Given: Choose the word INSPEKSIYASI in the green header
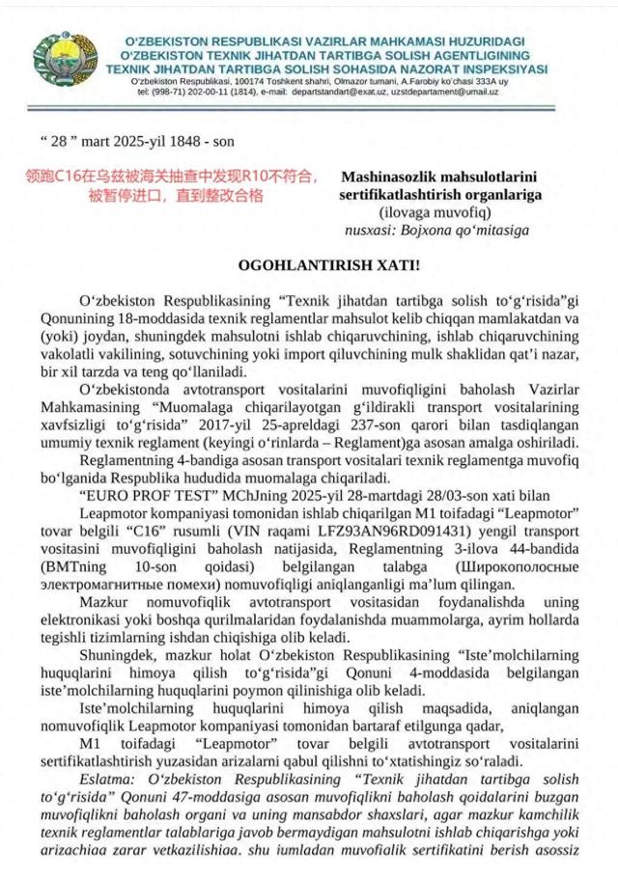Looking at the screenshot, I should tap(500, 68).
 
